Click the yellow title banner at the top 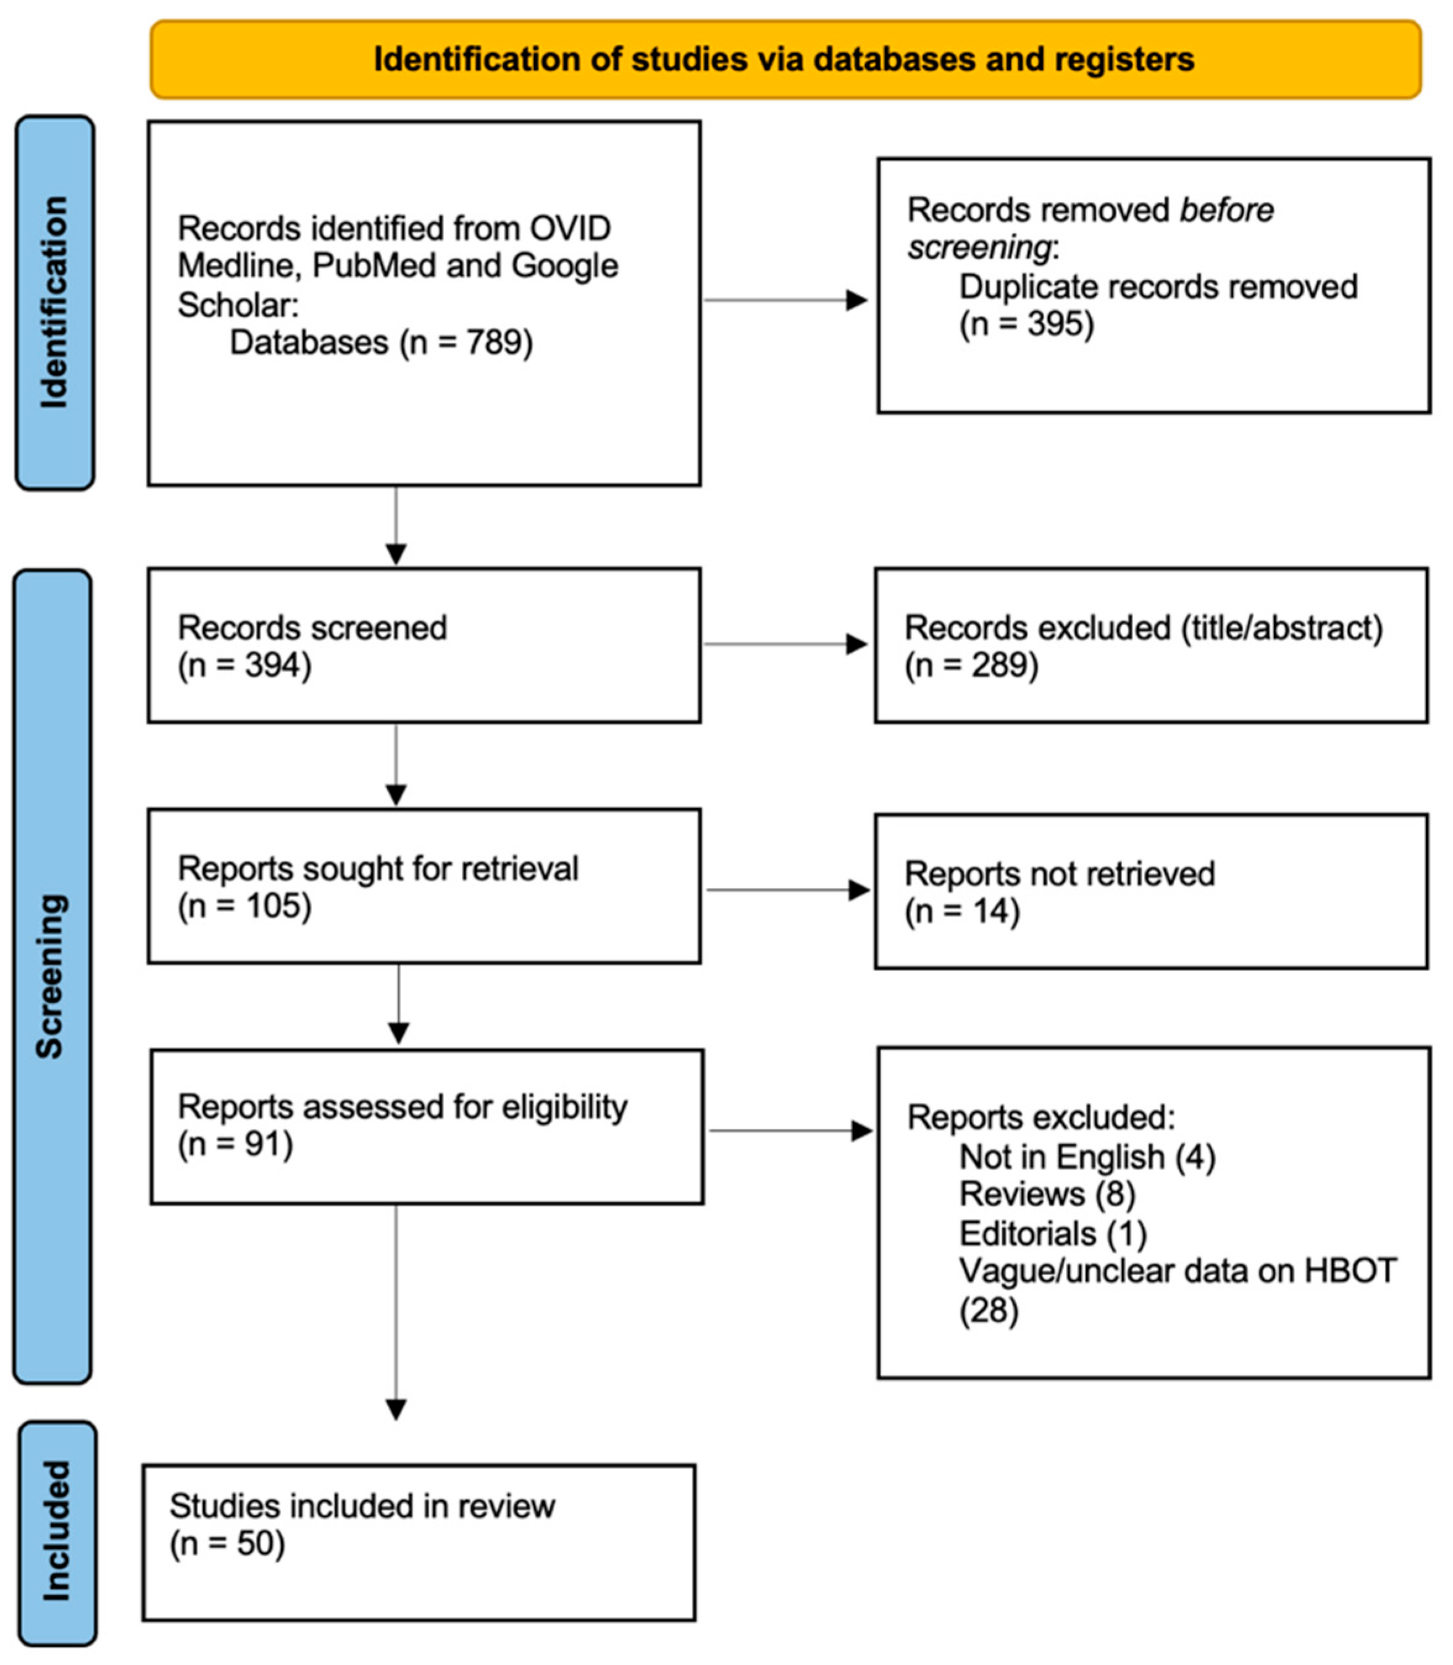785,59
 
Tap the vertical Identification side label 54,303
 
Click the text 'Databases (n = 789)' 381,342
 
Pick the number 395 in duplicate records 1060,324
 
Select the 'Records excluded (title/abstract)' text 1143,628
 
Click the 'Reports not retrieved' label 1059,874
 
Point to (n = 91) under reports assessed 235,1144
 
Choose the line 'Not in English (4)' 1086,1157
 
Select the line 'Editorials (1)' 1052,1234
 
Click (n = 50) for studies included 227,1543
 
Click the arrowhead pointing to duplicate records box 856,300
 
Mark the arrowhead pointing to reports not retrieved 859,890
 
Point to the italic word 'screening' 979,247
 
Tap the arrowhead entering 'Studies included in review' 396,1410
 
